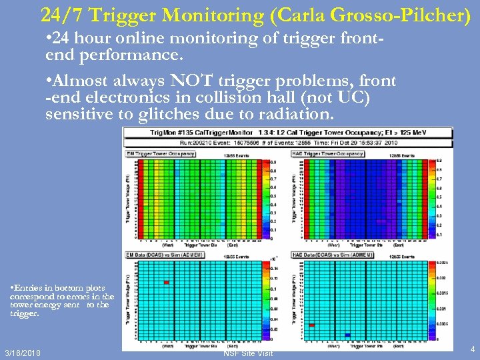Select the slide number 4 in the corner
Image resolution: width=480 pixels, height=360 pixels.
pos(472,349)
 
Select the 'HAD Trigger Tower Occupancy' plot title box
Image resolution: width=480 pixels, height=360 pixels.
pos(327,153)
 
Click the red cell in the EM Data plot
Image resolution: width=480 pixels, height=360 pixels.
pos(167,283)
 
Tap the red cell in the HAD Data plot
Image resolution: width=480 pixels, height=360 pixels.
pos(312,325)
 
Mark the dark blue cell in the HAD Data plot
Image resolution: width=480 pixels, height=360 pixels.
pos(347,335)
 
